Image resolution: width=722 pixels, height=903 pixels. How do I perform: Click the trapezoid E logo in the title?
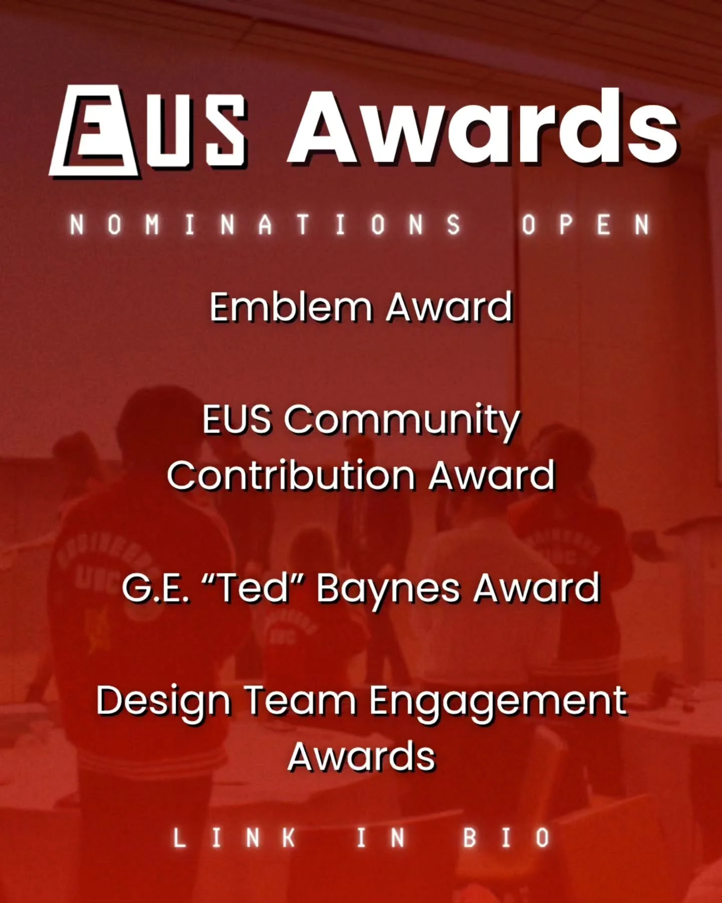coord(95,131)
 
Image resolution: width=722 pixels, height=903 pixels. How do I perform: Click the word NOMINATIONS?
coord(265,225)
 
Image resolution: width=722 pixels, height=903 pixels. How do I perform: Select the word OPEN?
coord(586,225)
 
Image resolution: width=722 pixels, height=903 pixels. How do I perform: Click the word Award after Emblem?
coord(449,307)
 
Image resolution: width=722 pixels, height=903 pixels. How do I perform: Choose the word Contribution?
coord(291,476)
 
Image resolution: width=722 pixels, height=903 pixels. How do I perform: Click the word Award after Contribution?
coord(491,476)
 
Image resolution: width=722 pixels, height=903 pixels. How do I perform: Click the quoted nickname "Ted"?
coord(253,588)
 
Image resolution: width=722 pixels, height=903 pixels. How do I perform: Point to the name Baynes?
coord(388,589)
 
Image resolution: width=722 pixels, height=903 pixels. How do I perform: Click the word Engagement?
coord(498,701)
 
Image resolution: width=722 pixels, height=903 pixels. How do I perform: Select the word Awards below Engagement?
coord(362,757)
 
